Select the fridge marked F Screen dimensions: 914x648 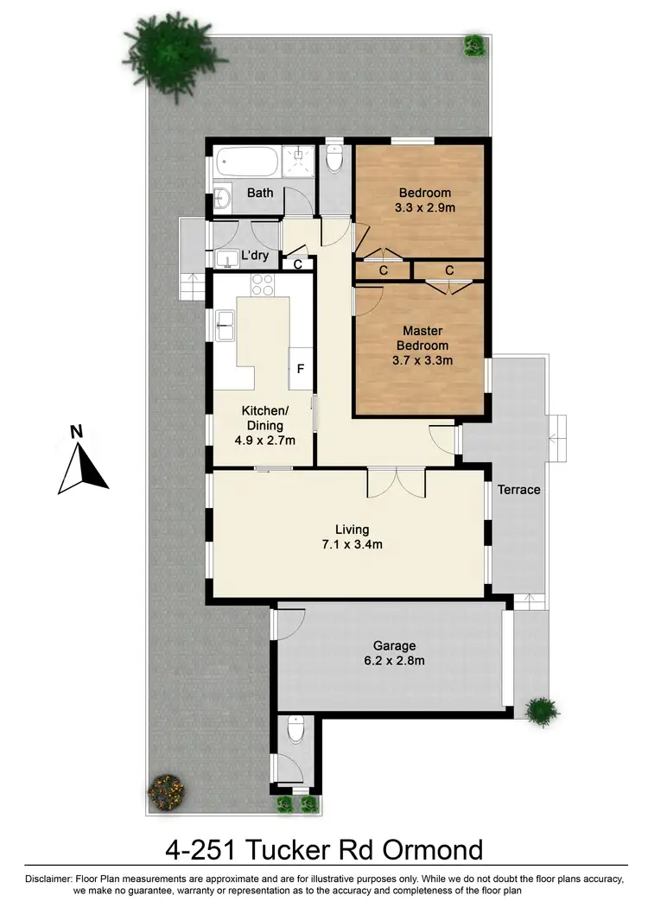(301, 369)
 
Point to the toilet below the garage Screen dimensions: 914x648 (295, 731)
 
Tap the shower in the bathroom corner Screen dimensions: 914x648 (301, 159)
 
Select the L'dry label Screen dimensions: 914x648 (255, 256)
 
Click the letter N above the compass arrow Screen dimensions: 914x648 (76, 431)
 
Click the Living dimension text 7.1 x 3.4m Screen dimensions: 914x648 (353, 544)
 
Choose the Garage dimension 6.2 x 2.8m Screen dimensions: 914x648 (394, 661)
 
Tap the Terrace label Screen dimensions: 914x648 (518, 489)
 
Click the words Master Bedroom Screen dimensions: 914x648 (422, 339)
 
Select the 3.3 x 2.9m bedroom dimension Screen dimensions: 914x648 (424, 208)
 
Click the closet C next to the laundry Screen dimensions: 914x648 (298, 264)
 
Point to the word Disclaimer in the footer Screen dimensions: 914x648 (51, 879)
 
